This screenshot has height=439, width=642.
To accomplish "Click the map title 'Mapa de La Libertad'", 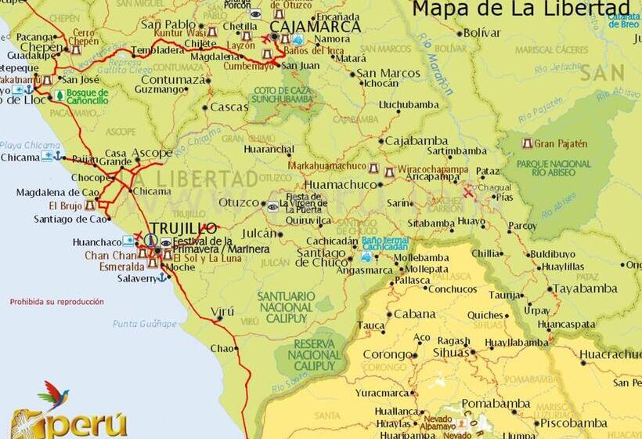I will click(510, 9).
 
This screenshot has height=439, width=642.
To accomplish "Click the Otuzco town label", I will click(238, 203).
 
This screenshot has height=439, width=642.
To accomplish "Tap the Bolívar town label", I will click(481, 33).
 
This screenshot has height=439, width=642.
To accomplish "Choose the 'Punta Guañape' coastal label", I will click(145, 323).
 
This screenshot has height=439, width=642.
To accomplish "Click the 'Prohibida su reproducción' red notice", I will click(56, 301).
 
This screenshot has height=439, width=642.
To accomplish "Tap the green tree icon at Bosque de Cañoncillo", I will click(59, 96).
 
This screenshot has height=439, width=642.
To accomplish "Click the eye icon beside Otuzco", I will click(272, 206).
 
